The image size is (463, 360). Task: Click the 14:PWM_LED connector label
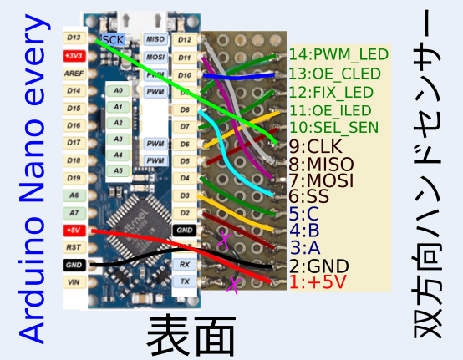pyautogui.click(x=338, y=55)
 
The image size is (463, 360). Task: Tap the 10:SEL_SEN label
pyautogui.click(x=333, y=128)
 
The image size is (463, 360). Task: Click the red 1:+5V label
pyautogui.click(x=318, y=282)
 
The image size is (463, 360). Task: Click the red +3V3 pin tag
pyautogui.click(x=73, y=55)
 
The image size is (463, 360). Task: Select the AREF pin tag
pyautogui.click(x=73, y=73)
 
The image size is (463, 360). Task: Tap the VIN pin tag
pyautogui.click(x=73, y=281)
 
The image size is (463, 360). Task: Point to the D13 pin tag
pyautogui.click(x=73, y=38)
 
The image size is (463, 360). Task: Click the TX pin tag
pyautogui.click(x=184, y=281)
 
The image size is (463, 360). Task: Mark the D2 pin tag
pyautogui.click(x=184, y=212)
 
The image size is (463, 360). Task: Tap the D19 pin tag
pyautogui.click(x=73, y=177)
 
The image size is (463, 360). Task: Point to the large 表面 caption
pyautogui.click(x=191, y=334)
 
